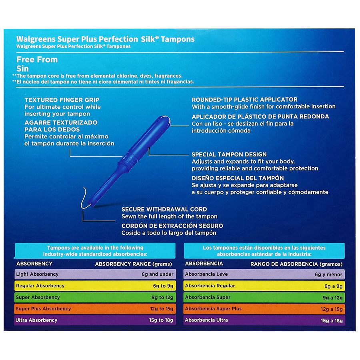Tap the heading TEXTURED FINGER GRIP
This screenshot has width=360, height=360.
pyautogui.click(x=62, y=100)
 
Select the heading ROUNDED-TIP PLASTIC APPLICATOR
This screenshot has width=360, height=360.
pyautogui.click(x=244, y=100)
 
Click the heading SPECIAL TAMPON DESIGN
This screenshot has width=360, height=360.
pyautogui.click(x=229, y=154)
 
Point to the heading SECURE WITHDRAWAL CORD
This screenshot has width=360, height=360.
pyautogui.click(x=164, y=209)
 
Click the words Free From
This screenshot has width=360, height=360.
pyautogui.click(x=37, y=60)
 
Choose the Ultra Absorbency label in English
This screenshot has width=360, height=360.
pyautogui.click(x=36, y=320)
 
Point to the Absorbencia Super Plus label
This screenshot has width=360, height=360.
pyautogui.click(x=213, y=309)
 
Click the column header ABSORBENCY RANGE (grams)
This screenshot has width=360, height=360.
pyautogui.click(x=133, y=264)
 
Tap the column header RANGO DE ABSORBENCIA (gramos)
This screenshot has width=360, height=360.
pyautogui.click(x=296, y=264)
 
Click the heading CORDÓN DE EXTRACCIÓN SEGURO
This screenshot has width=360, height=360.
pyautogui.click(x=172, y=226)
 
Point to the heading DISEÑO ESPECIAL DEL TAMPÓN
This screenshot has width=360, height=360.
pyautogui.click(x=238, y=178)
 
